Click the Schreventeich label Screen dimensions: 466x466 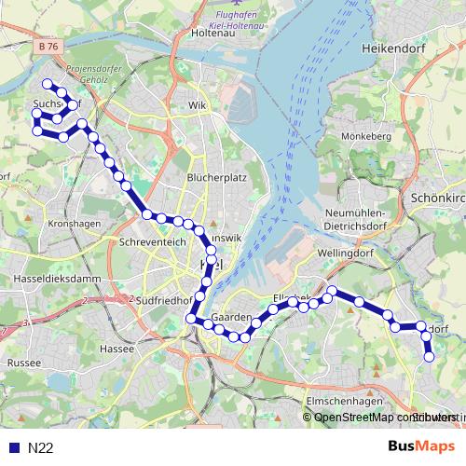(x=147, y=240)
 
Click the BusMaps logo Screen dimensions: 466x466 (x=422, y=446)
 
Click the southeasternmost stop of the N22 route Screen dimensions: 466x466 (x=430, y=356)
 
